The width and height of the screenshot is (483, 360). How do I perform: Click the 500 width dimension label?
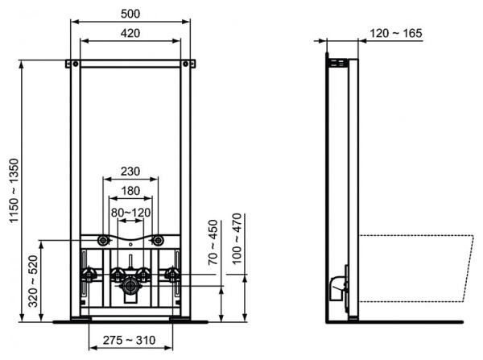click(130, 14)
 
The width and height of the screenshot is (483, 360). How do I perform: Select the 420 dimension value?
click(130, 33)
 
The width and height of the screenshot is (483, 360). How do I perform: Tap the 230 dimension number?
click(130, 171)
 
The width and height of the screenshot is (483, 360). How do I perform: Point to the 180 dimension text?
click(130, 191)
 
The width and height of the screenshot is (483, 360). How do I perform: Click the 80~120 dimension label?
click(130, 213)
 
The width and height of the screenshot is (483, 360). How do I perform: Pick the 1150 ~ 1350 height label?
click(14, 191)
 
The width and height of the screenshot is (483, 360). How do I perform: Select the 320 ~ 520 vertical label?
click(33, 281)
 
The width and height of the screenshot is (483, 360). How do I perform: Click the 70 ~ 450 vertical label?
click(213, 242)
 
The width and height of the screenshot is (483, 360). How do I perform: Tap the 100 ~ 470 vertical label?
click(237, 238)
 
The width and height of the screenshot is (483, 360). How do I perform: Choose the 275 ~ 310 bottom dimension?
click(129, 340)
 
